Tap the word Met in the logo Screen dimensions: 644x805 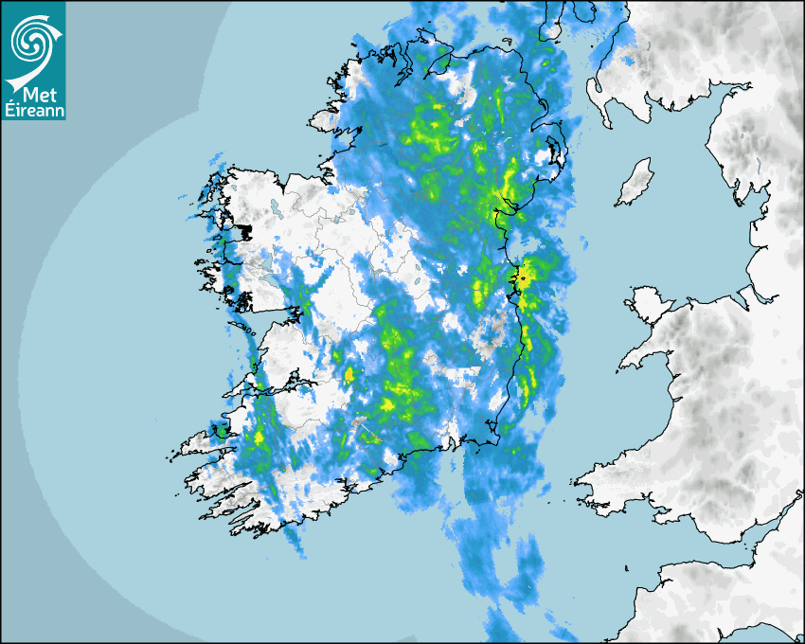pyautogui.click(x=33, y=96)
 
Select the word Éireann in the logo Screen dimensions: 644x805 pyautogui.click(x=33, y=111)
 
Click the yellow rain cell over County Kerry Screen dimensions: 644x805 pyautogui.click(x=259, y=438)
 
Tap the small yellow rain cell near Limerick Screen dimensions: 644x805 pyautogui.click(x=349, y=374)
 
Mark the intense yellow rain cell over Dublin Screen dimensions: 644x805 pyautogui.click(x=521, y=277)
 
